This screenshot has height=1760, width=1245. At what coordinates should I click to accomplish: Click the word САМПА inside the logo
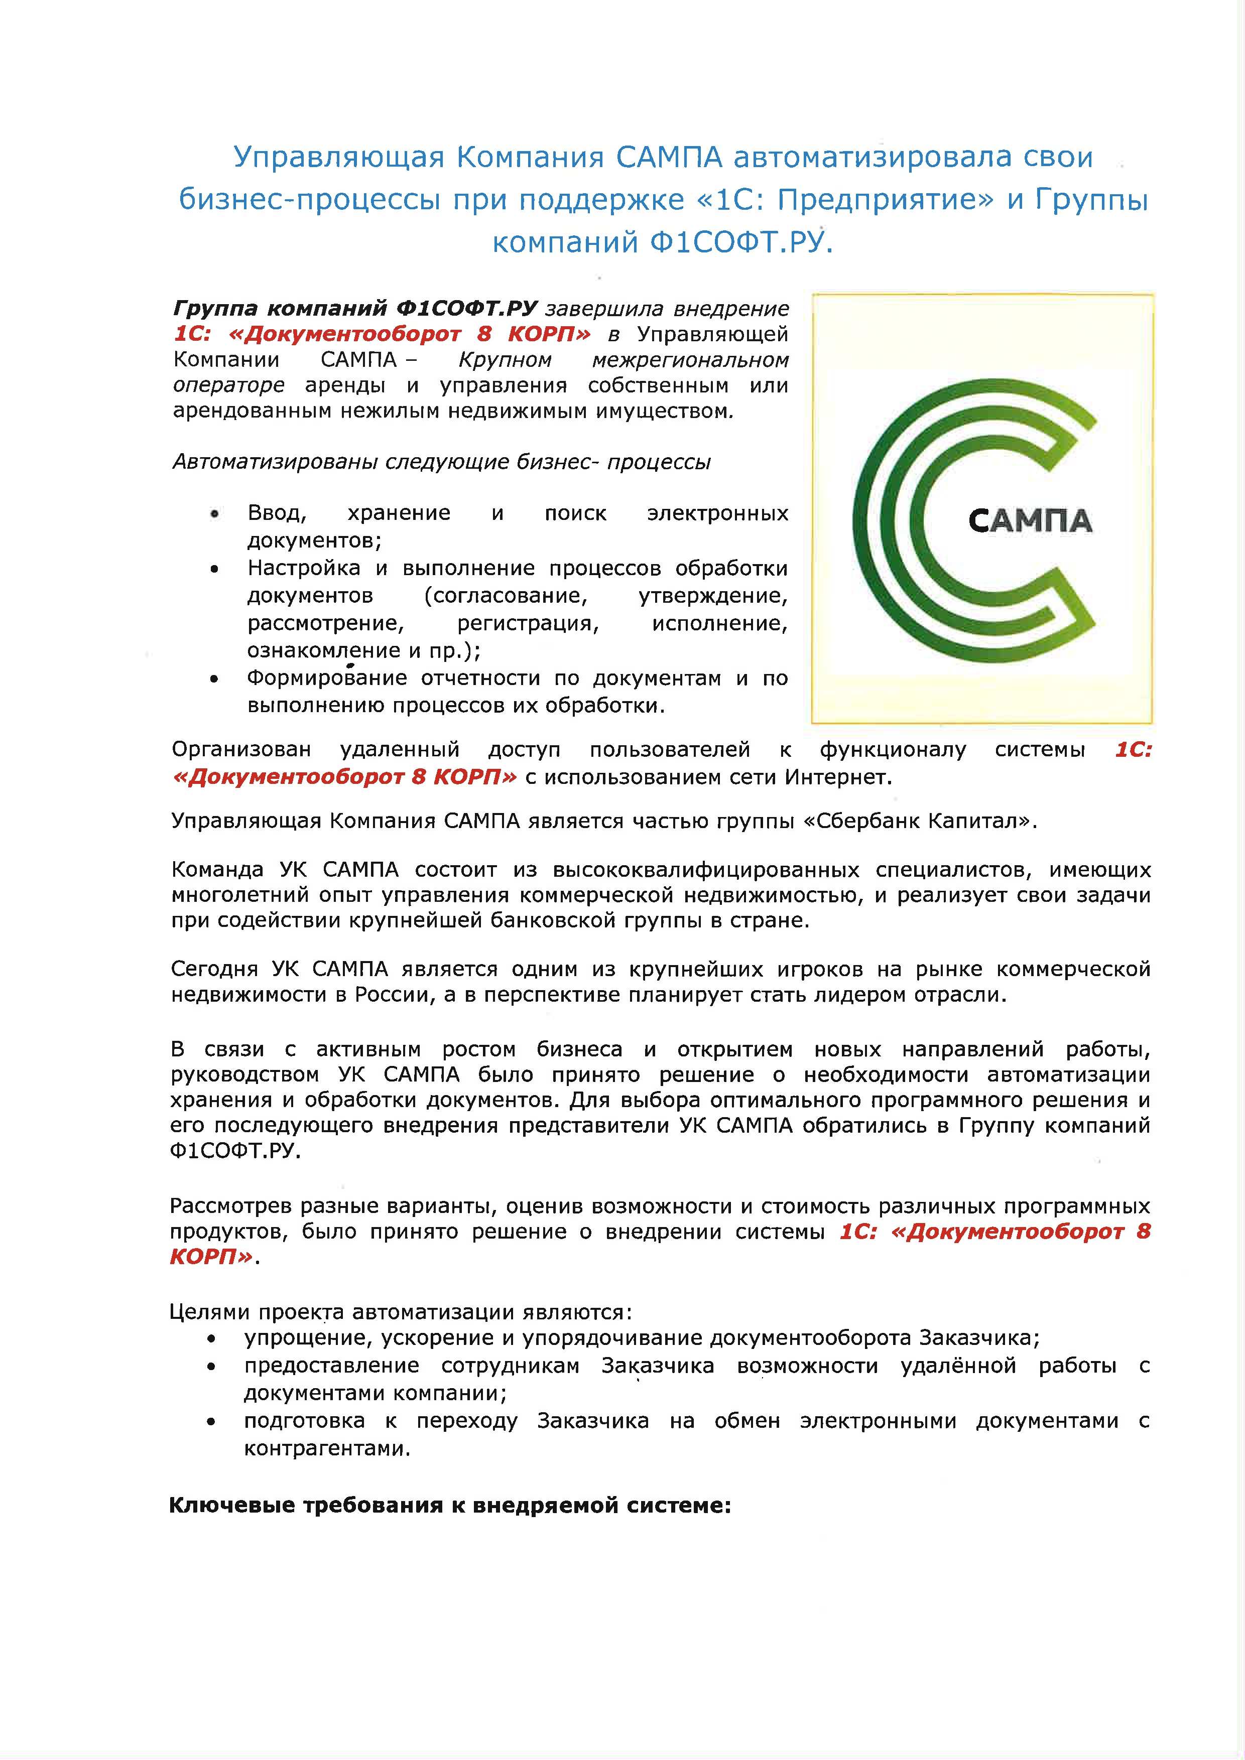pos(1030,521)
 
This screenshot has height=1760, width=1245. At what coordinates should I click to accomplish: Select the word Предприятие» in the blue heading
pos(886,200)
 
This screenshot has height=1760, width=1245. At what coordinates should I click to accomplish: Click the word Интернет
pos(837,777)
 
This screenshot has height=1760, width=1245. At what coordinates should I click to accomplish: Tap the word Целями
pos(210,1312)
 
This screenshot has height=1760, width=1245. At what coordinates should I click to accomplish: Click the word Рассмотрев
pos(231,1206)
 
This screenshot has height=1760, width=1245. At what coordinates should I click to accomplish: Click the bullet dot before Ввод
pos(215,513)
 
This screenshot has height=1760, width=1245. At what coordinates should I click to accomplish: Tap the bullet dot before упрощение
pos(211,1338)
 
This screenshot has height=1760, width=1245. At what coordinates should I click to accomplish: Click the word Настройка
pos(304,568)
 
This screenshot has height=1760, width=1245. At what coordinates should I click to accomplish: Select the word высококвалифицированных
pos(705,870)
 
